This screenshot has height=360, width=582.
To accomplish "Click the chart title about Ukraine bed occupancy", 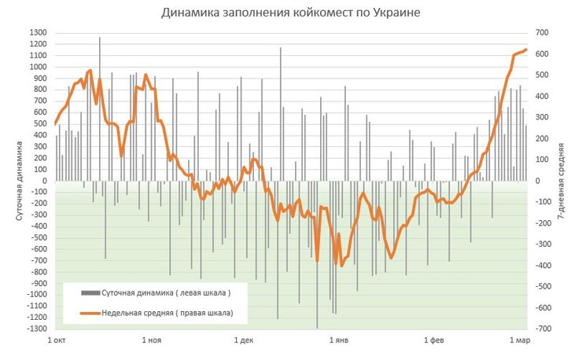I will click(x=290, y=13).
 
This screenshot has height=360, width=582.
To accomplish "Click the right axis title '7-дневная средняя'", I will click(x=562, y=181).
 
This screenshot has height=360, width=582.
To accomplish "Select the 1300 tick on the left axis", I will click(x=37, y=33).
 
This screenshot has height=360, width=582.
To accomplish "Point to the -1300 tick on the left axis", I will click(x=35, y=329).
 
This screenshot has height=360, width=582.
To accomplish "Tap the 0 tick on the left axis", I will click(x=44, y=181).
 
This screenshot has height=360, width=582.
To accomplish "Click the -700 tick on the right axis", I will click(x=542, y=329).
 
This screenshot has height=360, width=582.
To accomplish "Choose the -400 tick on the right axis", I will click(x=542, y=266).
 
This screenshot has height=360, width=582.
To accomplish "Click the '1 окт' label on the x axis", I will click(x=57, y=340).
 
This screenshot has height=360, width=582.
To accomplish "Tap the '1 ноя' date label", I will click(x=152, y=340).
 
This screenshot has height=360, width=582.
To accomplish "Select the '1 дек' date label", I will click(x=245, y=340).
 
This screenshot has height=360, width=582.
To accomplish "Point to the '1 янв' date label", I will click(x=338, y=340).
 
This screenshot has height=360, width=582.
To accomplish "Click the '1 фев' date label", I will click(x=434, y=340).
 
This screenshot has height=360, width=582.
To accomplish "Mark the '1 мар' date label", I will click(x=519, y=340).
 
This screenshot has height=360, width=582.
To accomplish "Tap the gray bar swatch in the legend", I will click(x=90, y=293).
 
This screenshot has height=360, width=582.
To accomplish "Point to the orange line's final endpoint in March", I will click(x=526, y=50).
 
